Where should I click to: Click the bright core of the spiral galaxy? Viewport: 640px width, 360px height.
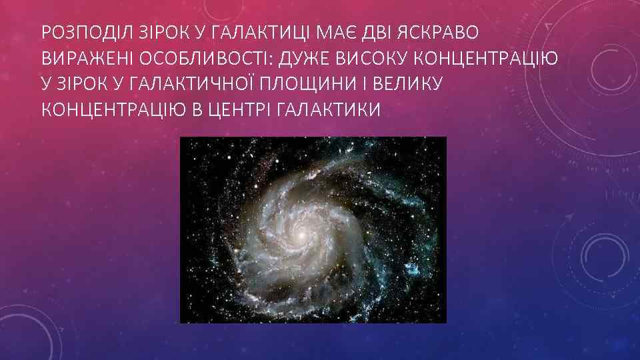click(301, 235)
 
